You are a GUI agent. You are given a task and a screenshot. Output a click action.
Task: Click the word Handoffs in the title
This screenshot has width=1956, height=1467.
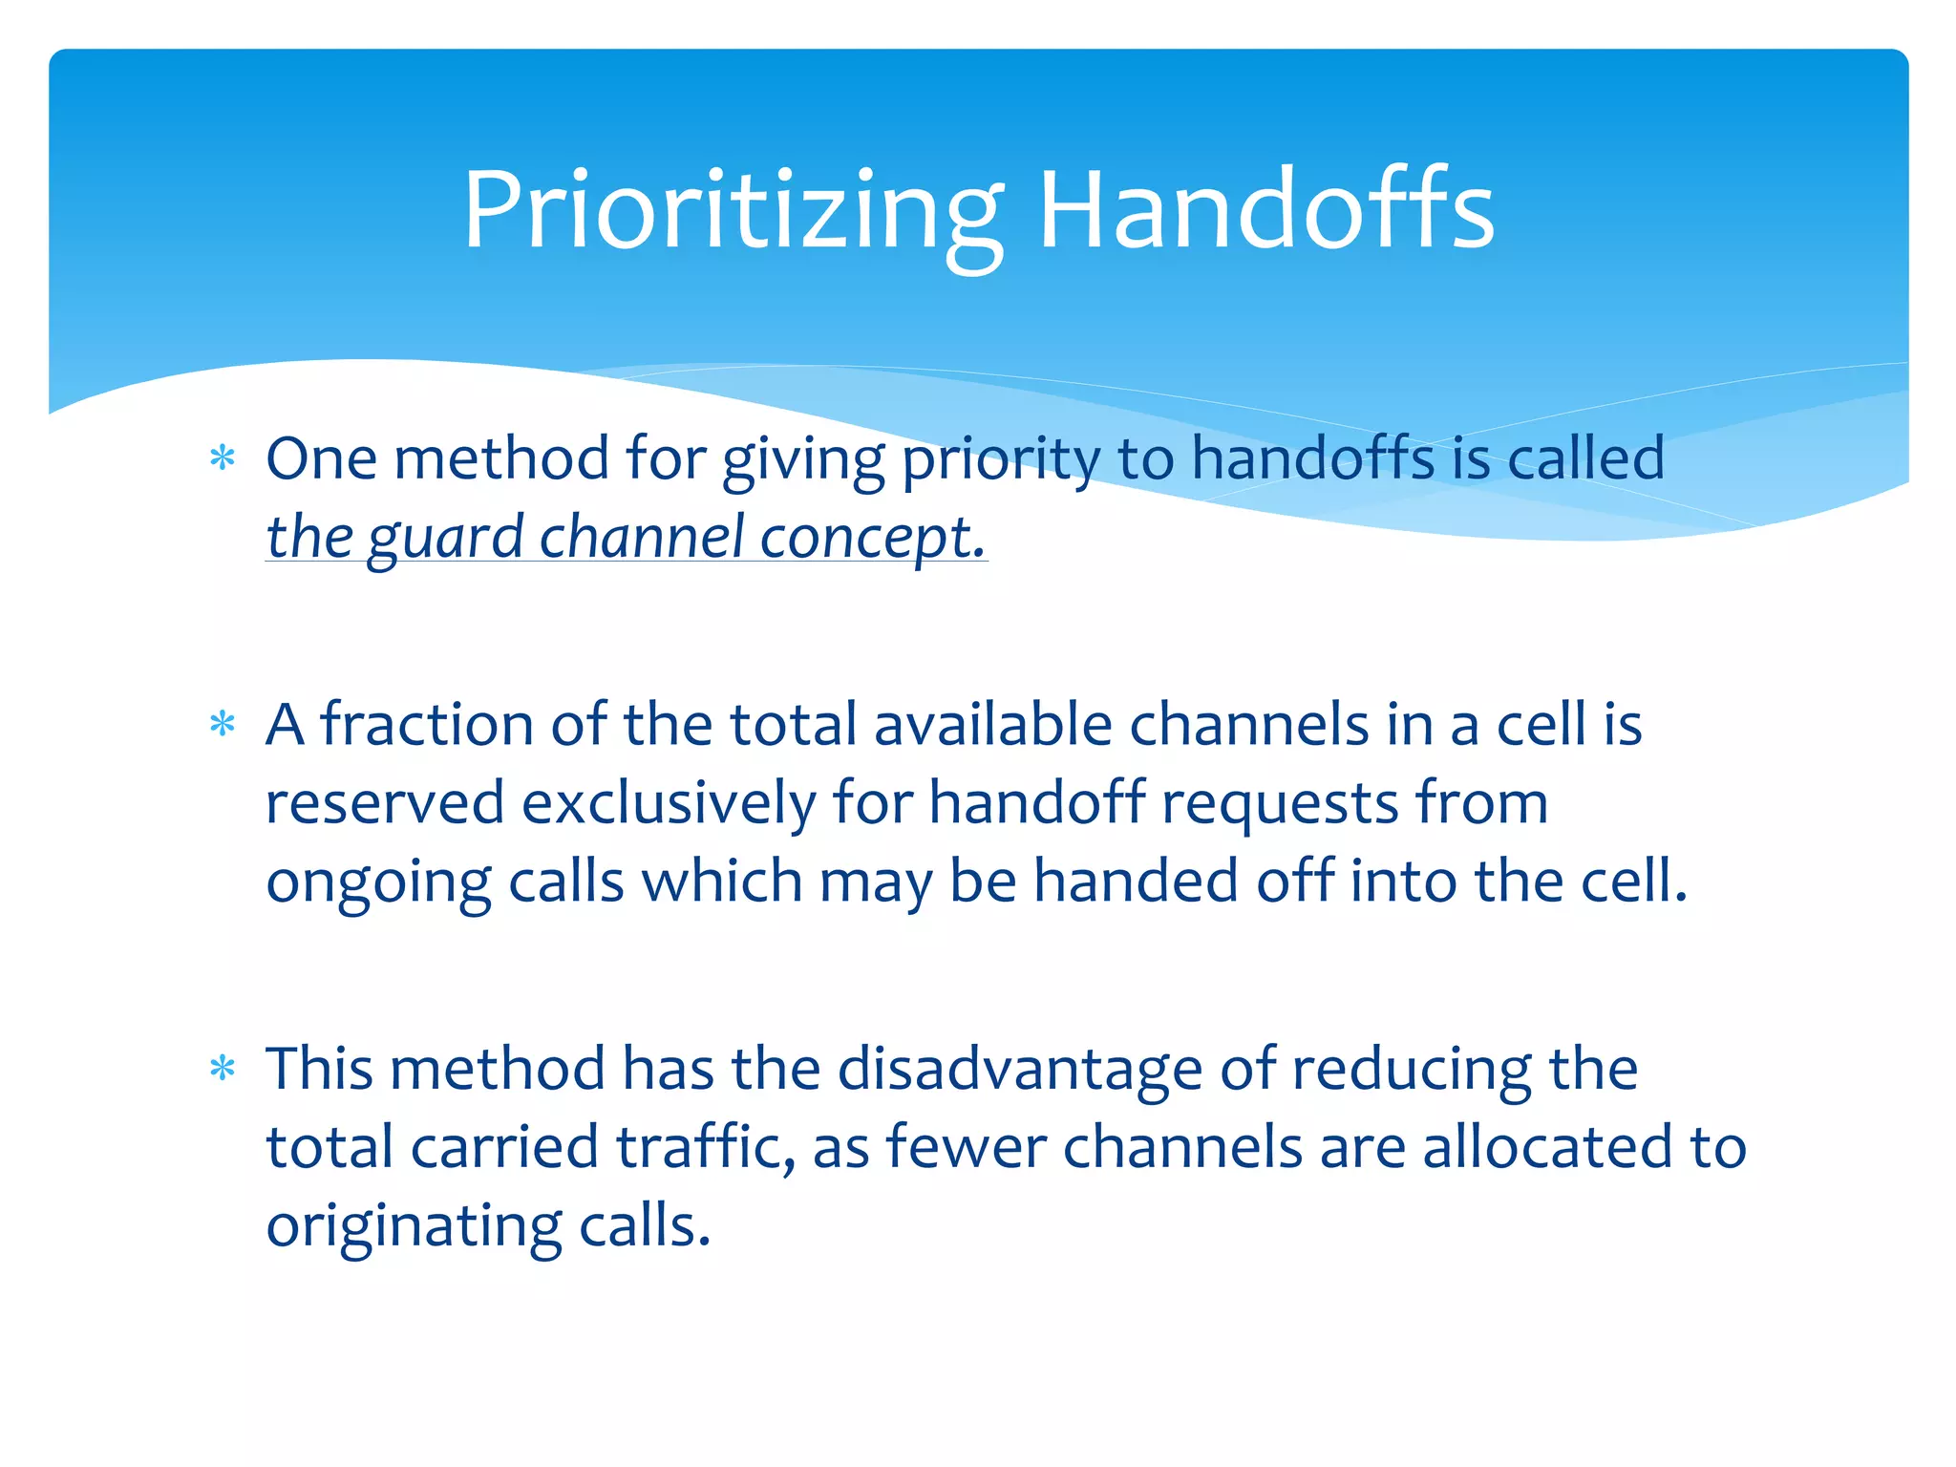[1265, 211]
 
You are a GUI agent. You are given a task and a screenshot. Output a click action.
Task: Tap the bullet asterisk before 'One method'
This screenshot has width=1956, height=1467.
[223, 459]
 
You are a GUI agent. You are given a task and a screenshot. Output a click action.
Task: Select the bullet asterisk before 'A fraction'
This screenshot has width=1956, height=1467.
[223, 725]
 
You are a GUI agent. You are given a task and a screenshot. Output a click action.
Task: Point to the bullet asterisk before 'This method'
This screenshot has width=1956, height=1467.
[223, 1069]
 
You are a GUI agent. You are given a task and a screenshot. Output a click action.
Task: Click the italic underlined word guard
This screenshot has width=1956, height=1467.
[445, 538]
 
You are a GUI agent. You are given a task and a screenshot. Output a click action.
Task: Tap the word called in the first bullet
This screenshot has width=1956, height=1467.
[1586, 459]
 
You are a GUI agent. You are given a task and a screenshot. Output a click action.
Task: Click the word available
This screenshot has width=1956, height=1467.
[993, 725]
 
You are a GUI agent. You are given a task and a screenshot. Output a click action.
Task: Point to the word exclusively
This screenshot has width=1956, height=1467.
[669, 803]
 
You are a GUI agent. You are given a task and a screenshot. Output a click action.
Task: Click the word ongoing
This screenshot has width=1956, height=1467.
[378, 882]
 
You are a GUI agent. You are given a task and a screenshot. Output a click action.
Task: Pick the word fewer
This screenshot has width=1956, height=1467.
[966, 1147]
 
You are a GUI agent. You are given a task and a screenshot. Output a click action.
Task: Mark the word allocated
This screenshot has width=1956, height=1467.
[1548, 1147]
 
